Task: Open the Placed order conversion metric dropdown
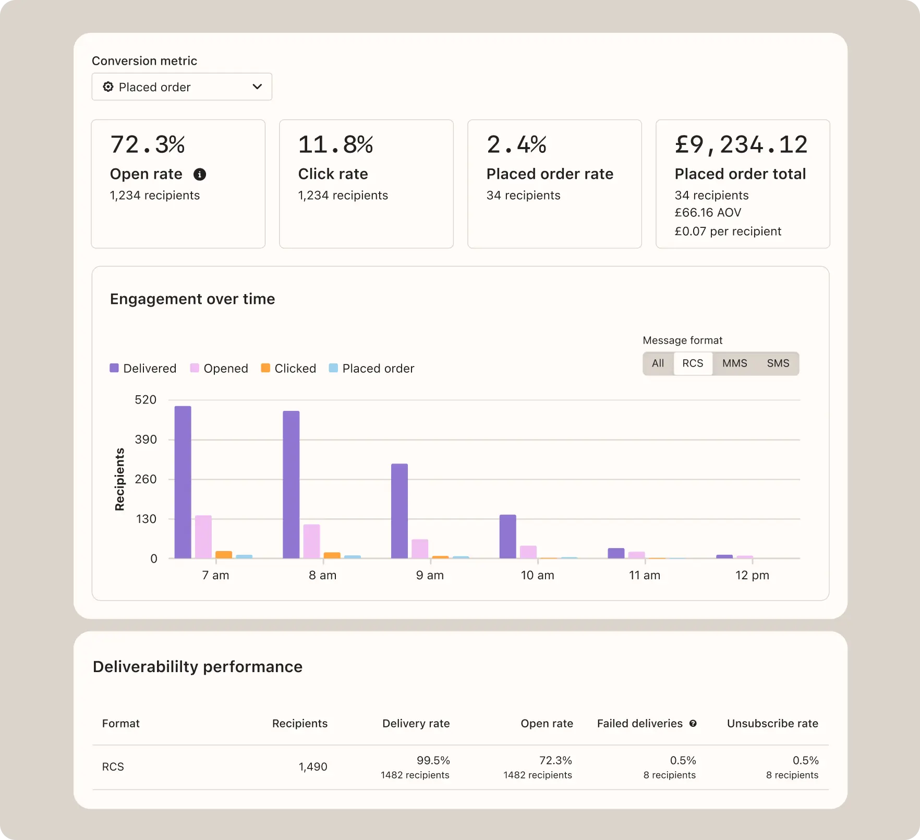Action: point(181,87)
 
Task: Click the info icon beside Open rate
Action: point(200,174)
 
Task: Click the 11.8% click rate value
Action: point(335,144)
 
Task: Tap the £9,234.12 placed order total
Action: point(741,144)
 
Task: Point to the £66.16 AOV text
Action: point(708,213)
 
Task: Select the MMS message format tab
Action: point(734,363)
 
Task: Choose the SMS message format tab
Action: point(778,363)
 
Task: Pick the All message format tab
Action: point(658,363)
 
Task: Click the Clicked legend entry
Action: point(288,368)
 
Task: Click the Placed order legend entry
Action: point(371,368)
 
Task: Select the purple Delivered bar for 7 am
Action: point(183,482)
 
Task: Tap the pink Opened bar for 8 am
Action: point(311,541)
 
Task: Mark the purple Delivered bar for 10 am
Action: point(507,537)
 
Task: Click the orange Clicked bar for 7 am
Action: point(224,555)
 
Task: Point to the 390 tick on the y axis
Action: point(146,440)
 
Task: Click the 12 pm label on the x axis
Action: point(752,575)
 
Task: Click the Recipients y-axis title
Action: point(119,479)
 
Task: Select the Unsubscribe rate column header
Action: point(772,723)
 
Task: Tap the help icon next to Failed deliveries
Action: point(693,723)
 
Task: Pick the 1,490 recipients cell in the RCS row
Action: point(313,766)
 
